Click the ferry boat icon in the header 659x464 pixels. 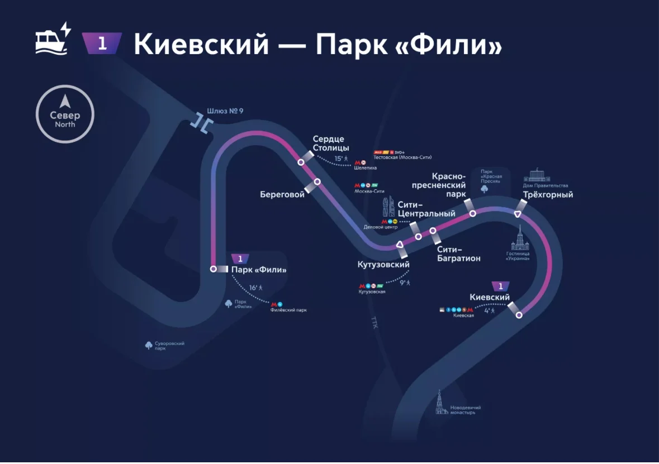tap(52, 39)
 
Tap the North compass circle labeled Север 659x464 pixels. tap(65, 114)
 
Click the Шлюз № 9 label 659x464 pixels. tap(225, 111)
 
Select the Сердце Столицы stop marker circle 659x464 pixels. tap(301, 162)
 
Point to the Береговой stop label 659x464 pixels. tap(282, 194)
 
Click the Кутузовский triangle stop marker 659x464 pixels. tap(399, 245)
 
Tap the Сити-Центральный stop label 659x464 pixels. tap(426, 209)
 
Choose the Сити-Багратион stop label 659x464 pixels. tap(458, 253)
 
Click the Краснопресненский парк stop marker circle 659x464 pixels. tap(472, 213)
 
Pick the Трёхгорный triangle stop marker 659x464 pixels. tap(518, 214)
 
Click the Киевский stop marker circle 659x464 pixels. tap(519, 315)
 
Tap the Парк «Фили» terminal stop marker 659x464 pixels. tap(213, 269)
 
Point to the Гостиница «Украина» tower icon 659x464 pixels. tap(520, 240)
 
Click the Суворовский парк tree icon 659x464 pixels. tap(149, 345)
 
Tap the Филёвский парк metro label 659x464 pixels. tap(288, 310)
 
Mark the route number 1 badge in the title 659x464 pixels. tap(102, 44)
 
